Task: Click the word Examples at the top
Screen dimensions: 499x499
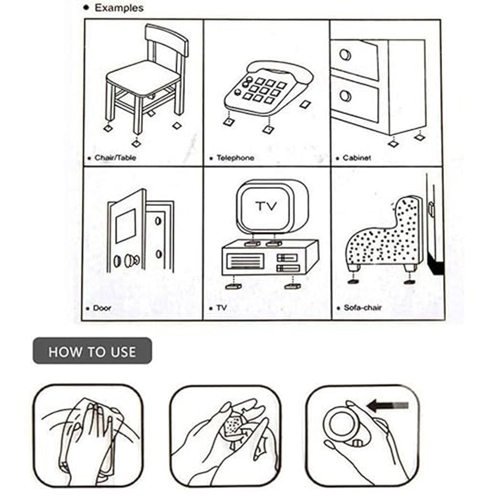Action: click(119, 8)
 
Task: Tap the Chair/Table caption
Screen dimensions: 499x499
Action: click(115, 158)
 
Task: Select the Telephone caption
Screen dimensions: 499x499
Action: click(235, 158)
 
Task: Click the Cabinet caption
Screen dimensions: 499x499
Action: click(357, 158)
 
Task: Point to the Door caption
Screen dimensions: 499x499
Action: click(102, 308)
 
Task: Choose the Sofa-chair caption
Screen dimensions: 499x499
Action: click(362, 308)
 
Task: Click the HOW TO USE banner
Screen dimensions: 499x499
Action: click(92, 351)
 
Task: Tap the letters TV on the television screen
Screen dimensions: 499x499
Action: click(266, 206)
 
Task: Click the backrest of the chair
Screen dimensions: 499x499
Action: click(167, 39)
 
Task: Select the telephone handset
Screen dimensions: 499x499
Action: click(280, 71)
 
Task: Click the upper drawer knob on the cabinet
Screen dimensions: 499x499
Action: click(345, 55)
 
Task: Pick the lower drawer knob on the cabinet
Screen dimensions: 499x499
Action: click(345, 96)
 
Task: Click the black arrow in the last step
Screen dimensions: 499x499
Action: click(387, 405)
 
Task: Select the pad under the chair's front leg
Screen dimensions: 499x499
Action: click(136, 143)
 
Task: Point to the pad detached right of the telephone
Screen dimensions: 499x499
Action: click(305, 104)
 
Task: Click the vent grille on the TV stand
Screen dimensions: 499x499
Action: click(245, 261)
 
